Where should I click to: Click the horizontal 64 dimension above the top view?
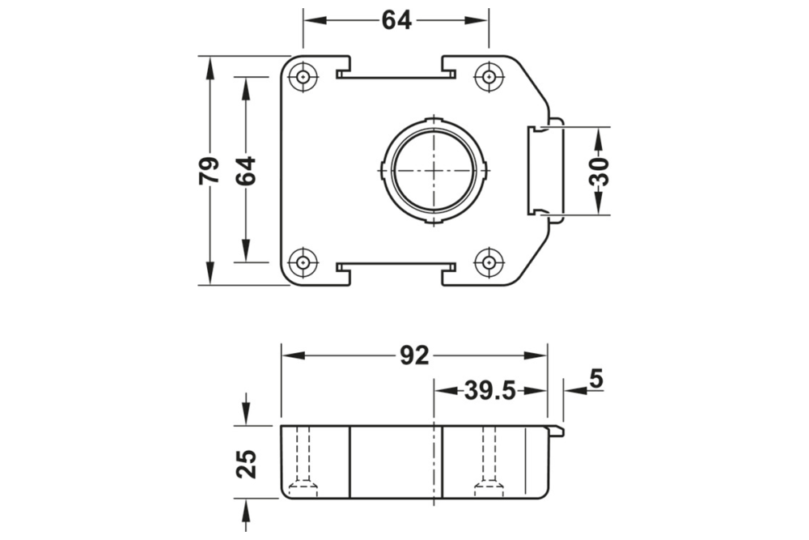396,21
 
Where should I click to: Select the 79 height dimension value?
209,170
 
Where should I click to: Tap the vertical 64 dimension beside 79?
246,170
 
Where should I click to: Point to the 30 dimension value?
599,171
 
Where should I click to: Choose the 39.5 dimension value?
489,391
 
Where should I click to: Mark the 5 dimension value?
596,378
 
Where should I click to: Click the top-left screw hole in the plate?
303,78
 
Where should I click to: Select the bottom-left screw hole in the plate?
303,262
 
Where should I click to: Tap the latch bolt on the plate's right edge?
545,171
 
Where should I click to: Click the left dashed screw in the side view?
303,461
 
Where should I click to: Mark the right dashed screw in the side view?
489,461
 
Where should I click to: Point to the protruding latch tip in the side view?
557,431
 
